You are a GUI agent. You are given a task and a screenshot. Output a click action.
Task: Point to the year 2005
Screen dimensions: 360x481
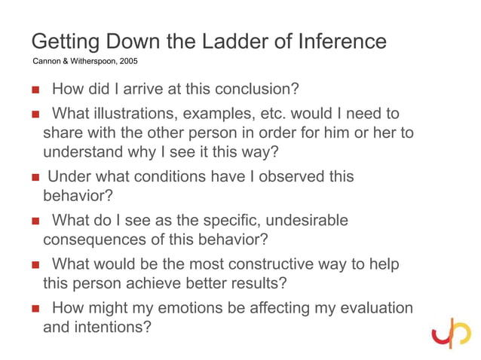[127, 60]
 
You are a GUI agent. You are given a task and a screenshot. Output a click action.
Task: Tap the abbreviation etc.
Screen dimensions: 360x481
[268, 115]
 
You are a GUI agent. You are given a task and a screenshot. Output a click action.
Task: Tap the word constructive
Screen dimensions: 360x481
[284, 265]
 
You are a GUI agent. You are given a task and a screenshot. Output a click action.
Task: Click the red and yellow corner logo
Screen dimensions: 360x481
[451, 331]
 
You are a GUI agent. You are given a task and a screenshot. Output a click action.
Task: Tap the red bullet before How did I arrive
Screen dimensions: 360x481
[35, 90]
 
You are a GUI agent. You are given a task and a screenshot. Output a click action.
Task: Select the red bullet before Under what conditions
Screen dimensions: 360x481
[35, 178]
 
